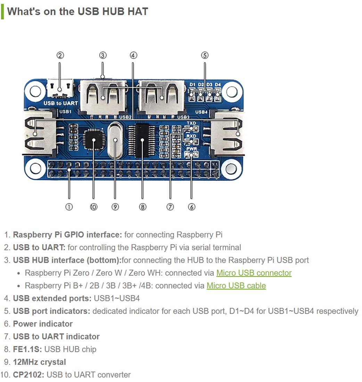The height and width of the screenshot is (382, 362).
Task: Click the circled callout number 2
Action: pyautogui.click(x=60, y=55)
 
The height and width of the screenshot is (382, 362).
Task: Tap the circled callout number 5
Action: pyautogui.click(x=205, y=55)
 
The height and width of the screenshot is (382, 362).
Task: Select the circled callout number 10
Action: pyautogui.click(x=93, y=207)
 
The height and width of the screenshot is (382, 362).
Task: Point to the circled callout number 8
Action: pyautogui.click(x=142, y=207)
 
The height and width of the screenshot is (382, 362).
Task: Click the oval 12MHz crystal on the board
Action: pyautogui.click(x=115, y=140)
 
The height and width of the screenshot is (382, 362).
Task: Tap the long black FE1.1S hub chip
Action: pyautogui.click(x=142, y=140)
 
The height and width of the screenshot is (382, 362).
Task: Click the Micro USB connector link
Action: pyautogui.click(x=254, y=273)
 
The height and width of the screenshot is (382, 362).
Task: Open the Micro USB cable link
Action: pyautogui.click(x=236, y=286)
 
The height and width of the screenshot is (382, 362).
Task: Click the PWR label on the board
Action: pyautogui.click(x=191, y=149)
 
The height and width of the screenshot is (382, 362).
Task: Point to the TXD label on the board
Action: pyautogui.click(x=191, y=123)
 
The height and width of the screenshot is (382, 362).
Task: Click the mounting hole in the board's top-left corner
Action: pyautogui.click(x=35, y=91)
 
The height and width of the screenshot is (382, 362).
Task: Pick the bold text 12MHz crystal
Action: pyautogui.click(x=39, y=362)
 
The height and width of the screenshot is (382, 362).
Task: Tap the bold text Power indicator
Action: pyautogui.click(x=43, y=324)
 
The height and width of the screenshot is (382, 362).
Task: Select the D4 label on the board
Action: pyautogui.click(x=217, y=85)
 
